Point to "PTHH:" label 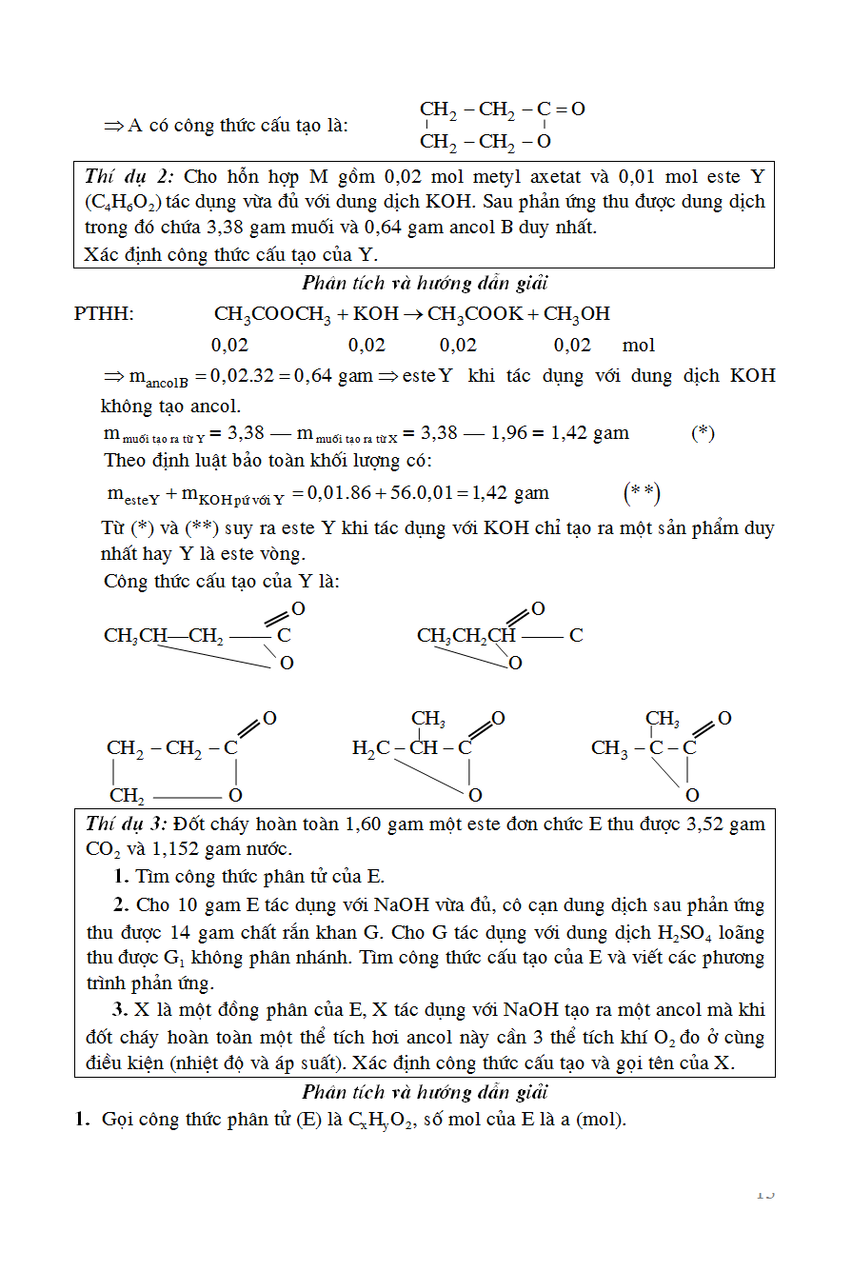104,314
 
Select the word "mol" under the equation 639,346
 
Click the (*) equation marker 703,433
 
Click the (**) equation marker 642,493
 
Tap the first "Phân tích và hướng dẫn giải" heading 425,283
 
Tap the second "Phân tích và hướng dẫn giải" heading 425,1092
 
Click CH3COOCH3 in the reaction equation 266,314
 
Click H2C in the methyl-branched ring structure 370,748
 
